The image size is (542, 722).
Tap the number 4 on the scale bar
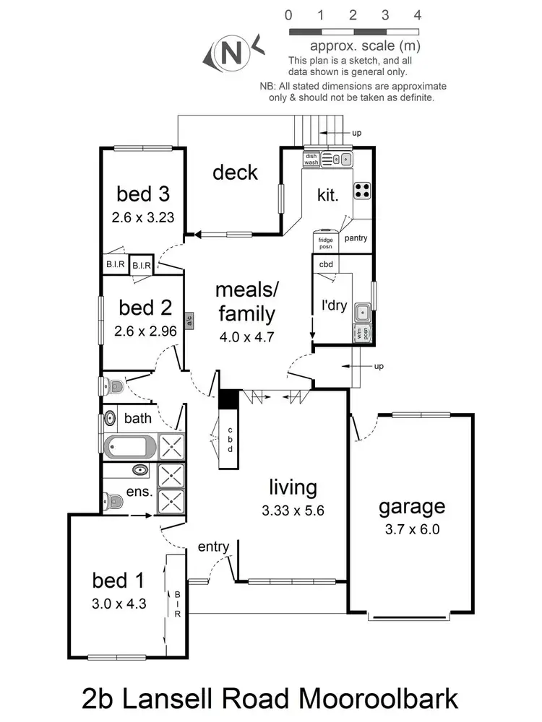click(418, 14)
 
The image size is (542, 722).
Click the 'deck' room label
click(235, 172)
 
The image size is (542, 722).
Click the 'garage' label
click(412, 507)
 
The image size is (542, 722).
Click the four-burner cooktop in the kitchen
click(362, 190)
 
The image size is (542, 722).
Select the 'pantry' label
click(356, 238)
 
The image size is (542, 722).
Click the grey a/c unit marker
click(188, 321)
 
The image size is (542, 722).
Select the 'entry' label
click(213, 547)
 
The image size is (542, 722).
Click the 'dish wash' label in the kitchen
click(311, 159)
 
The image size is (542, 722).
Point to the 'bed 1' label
click(119, 580)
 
